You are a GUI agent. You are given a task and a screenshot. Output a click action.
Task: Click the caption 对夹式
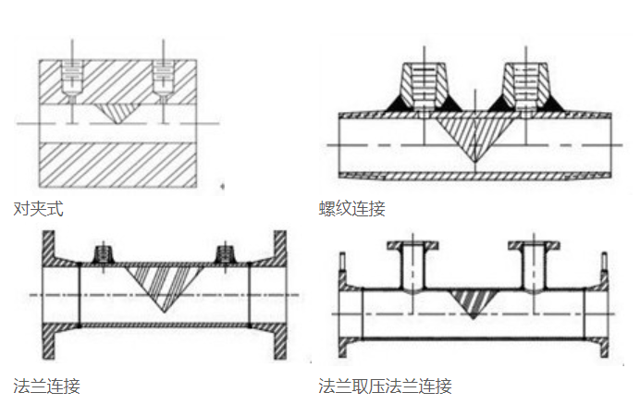click(38, 209)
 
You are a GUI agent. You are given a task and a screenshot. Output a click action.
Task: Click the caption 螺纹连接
click(351, 209)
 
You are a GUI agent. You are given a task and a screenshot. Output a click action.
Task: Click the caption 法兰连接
click(46, 385)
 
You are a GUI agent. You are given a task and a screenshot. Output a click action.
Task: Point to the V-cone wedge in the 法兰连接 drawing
click(164, 283)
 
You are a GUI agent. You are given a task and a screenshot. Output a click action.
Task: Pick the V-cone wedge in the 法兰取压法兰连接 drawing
click(474, 300)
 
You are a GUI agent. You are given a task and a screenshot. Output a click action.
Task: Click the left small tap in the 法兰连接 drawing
click(103, 253)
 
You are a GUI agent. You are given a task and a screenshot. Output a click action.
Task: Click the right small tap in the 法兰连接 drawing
click(224, 253)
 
